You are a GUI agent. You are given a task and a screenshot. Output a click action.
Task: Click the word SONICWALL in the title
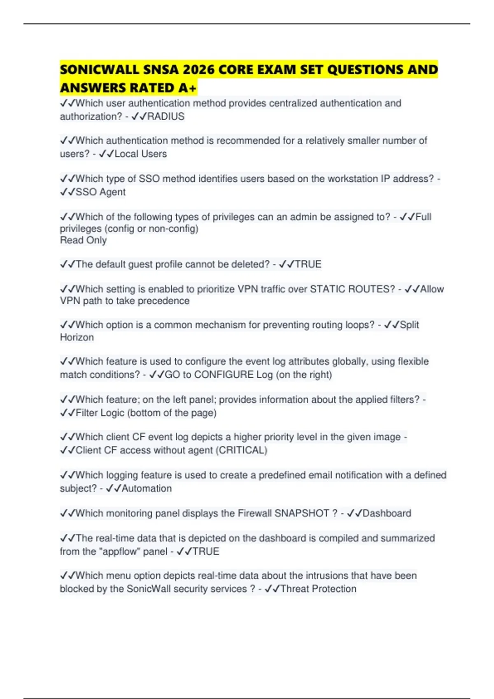click(99, 69)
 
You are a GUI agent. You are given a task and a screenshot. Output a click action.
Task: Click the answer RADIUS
click(165, 116)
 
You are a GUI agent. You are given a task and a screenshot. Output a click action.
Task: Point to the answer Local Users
click(140, 154)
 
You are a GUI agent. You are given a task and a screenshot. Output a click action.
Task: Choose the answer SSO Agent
click(100, 192)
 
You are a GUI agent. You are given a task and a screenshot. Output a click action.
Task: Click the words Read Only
click(83, 240)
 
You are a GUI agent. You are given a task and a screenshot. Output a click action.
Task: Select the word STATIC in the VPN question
click(327, 289)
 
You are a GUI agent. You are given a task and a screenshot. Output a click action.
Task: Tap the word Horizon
click(77, 337)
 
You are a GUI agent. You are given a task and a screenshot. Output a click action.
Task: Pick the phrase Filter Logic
click(100, 413)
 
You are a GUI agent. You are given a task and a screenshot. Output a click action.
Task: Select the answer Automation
click(147, 488)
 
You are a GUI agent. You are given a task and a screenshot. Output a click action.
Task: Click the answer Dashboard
click(387, 513)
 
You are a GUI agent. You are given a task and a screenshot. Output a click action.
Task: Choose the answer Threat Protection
click(318, 589)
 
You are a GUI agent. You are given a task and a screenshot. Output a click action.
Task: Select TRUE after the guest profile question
click(308, 264)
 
